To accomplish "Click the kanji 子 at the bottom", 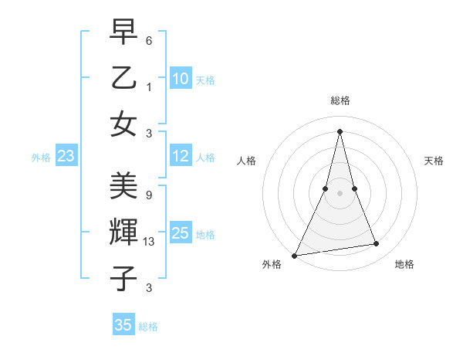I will pos(123,278).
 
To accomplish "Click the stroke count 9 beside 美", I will pos(149,195).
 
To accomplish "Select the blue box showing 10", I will pos(180,79).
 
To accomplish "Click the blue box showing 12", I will pos(180,156).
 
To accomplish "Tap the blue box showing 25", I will pos(180,233).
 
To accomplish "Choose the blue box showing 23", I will pos(66,157).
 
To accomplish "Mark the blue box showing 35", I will pos(123,325).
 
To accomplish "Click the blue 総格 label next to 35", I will pos(148,327).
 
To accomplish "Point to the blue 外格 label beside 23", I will pos(41,158).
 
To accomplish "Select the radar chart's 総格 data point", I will pos(340,131).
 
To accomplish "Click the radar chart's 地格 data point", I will pos(377,244).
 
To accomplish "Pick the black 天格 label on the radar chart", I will pos(434,161).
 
